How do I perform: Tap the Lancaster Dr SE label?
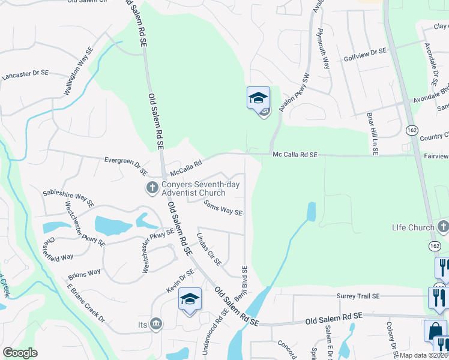pos(25,75)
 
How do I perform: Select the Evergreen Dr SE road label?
pos(126,166)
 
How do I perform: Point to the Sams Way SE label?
pos(223,208)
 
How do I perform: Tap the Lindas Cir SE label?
pos(209,249)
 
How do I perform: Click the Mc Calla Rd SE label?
pos(295,155)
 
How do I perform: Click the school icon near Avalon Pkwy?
pos(258,98)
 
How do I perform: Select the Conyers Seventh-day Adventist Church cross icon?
pos(152,188)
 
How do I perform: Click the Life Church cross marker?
pos(443,227)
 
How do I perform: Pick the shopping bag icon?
pos(435,331)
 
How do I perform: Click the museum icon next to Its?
pos(156,325)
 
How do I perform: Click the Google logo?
pos(20,353)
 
